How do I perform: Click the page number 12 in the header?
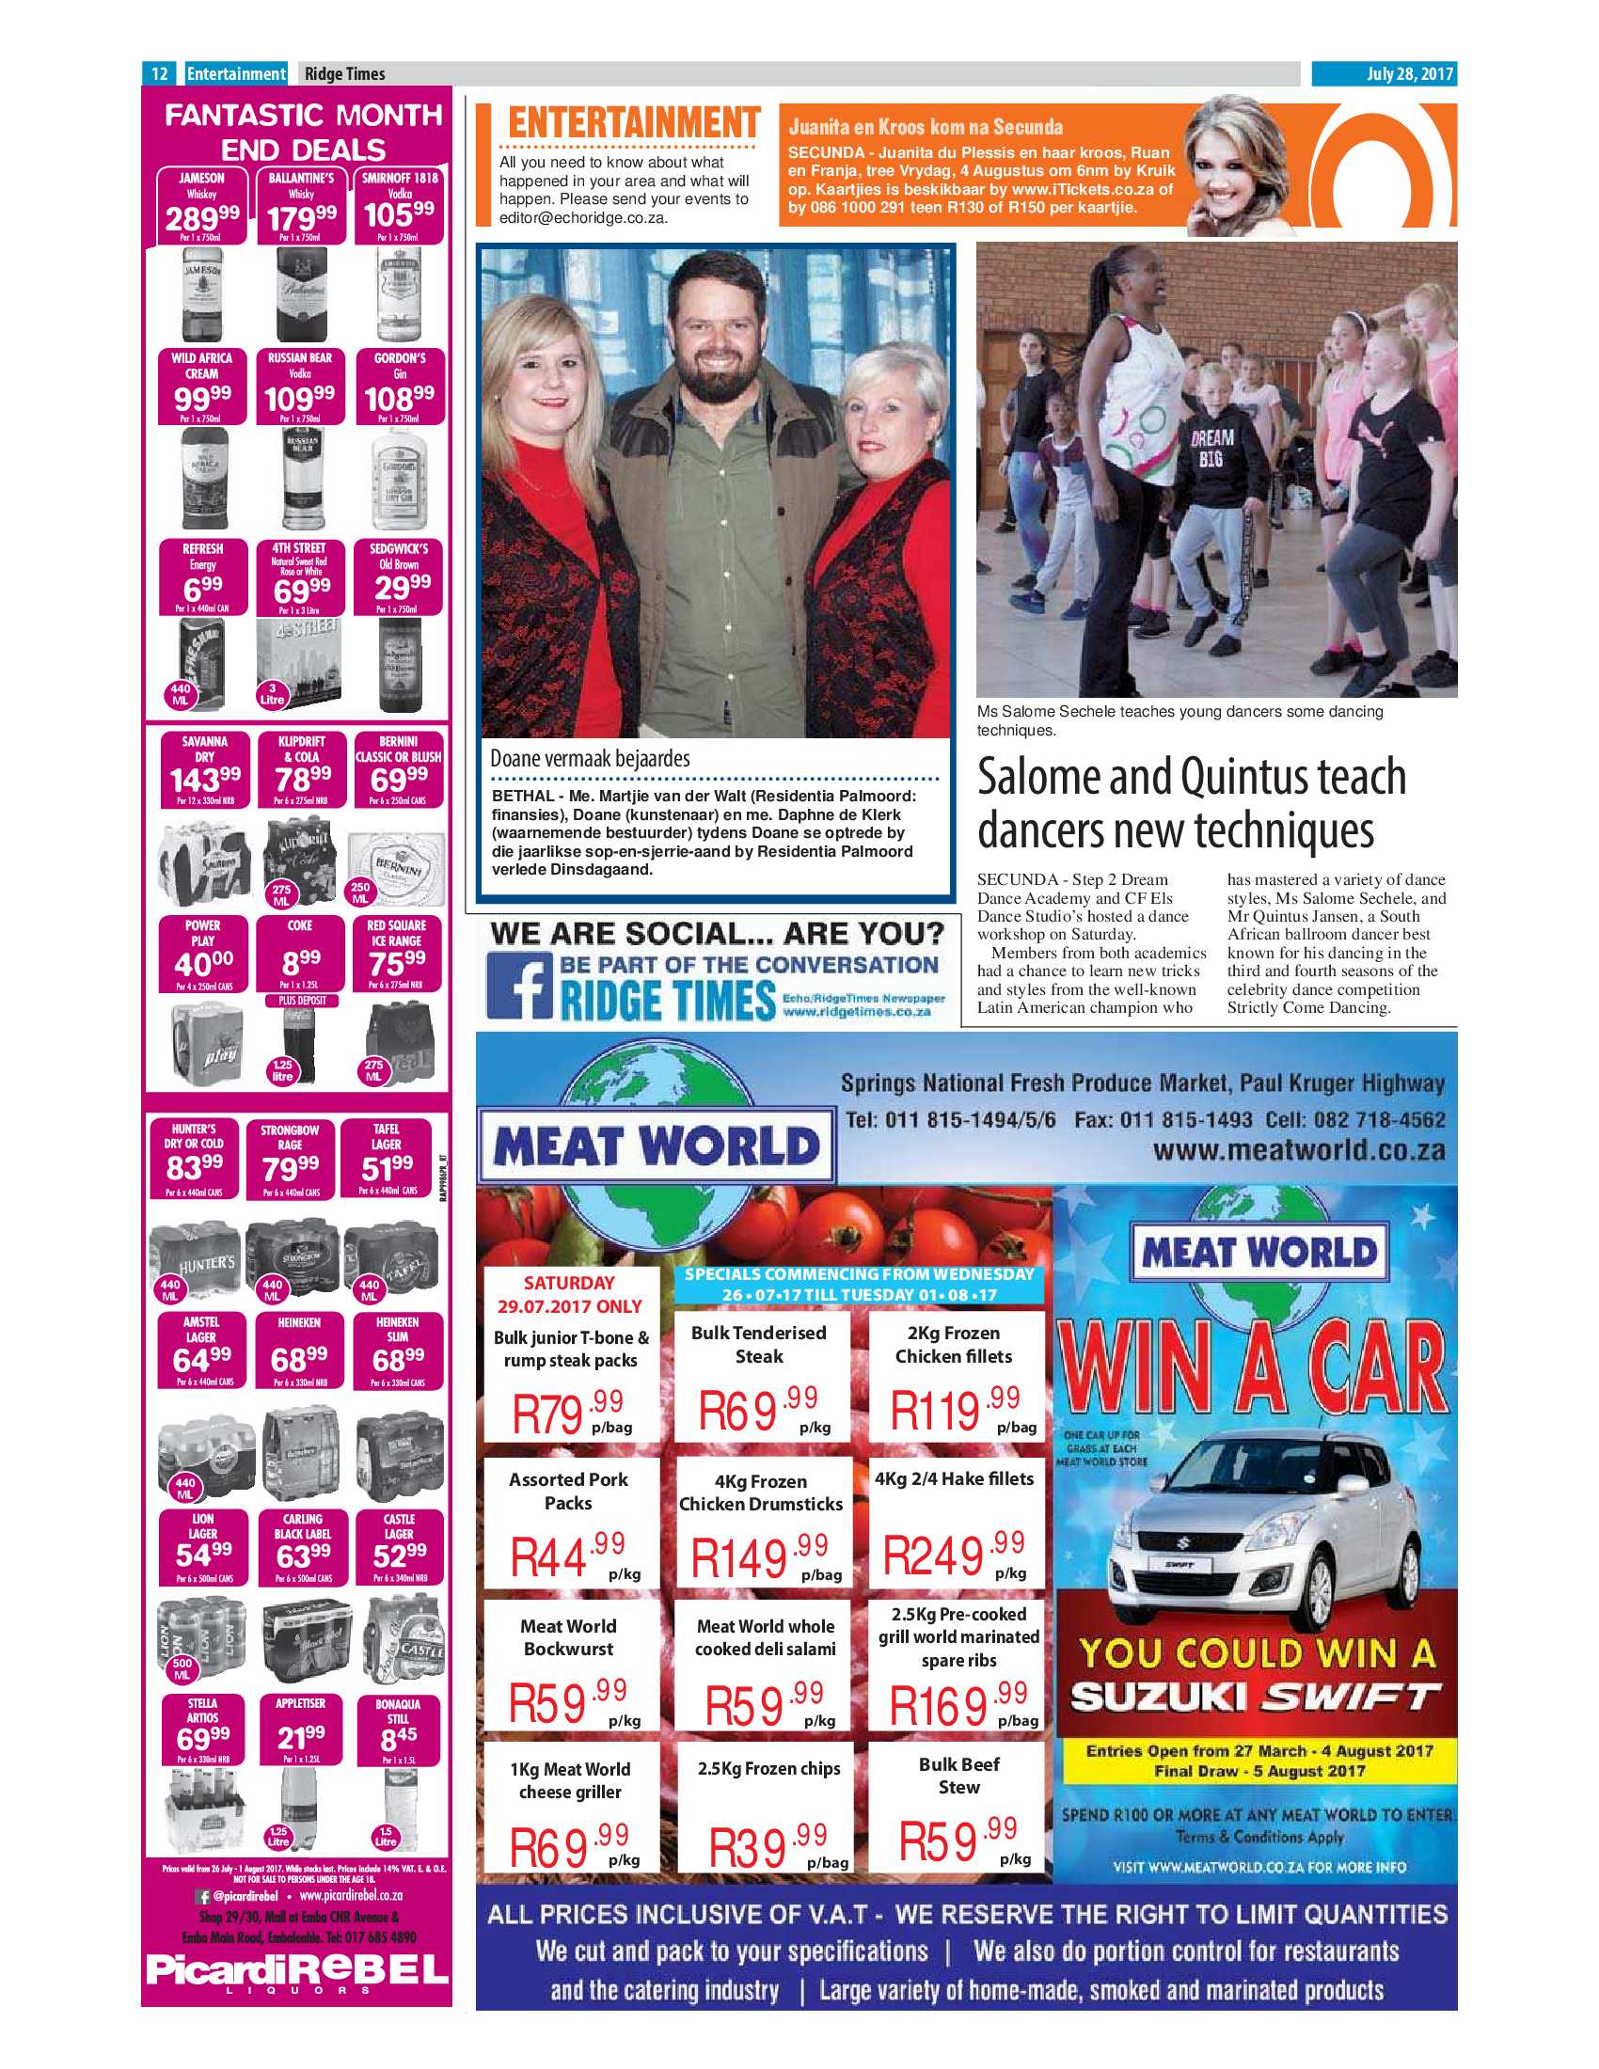[x=159, y=73]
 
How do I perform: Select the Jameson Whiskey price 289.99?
[x=202, y=219]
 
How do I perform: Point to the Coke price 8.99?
[x=302, y=963]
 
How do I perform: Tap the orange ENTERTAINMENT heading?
[x=633, y=124]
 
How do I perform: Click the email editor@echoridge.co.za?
[x=582, y=217]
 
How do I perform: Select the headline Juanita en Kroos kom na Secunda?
[x=926, y=127]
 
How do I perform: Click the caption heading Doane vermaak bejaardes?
[x=589, y=759]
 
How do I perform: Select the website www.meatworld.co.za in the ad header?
[x=1299, y=1150]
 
